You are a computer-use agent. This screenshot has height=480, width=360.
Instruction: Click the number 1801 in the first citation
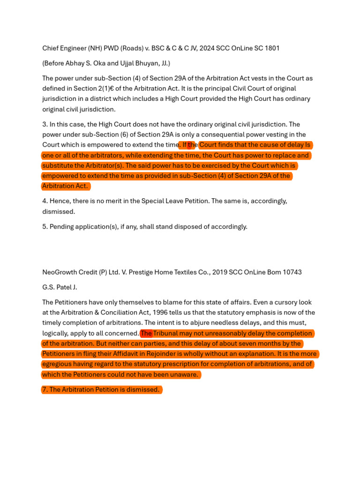click(x=271, y=48)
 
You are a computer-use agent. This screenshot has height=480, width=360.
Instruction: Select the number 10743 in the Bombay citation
click(x=291, y=272)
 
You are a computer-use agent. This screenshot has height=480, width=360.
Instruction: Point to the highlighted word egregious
click(x=58, y=364)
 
